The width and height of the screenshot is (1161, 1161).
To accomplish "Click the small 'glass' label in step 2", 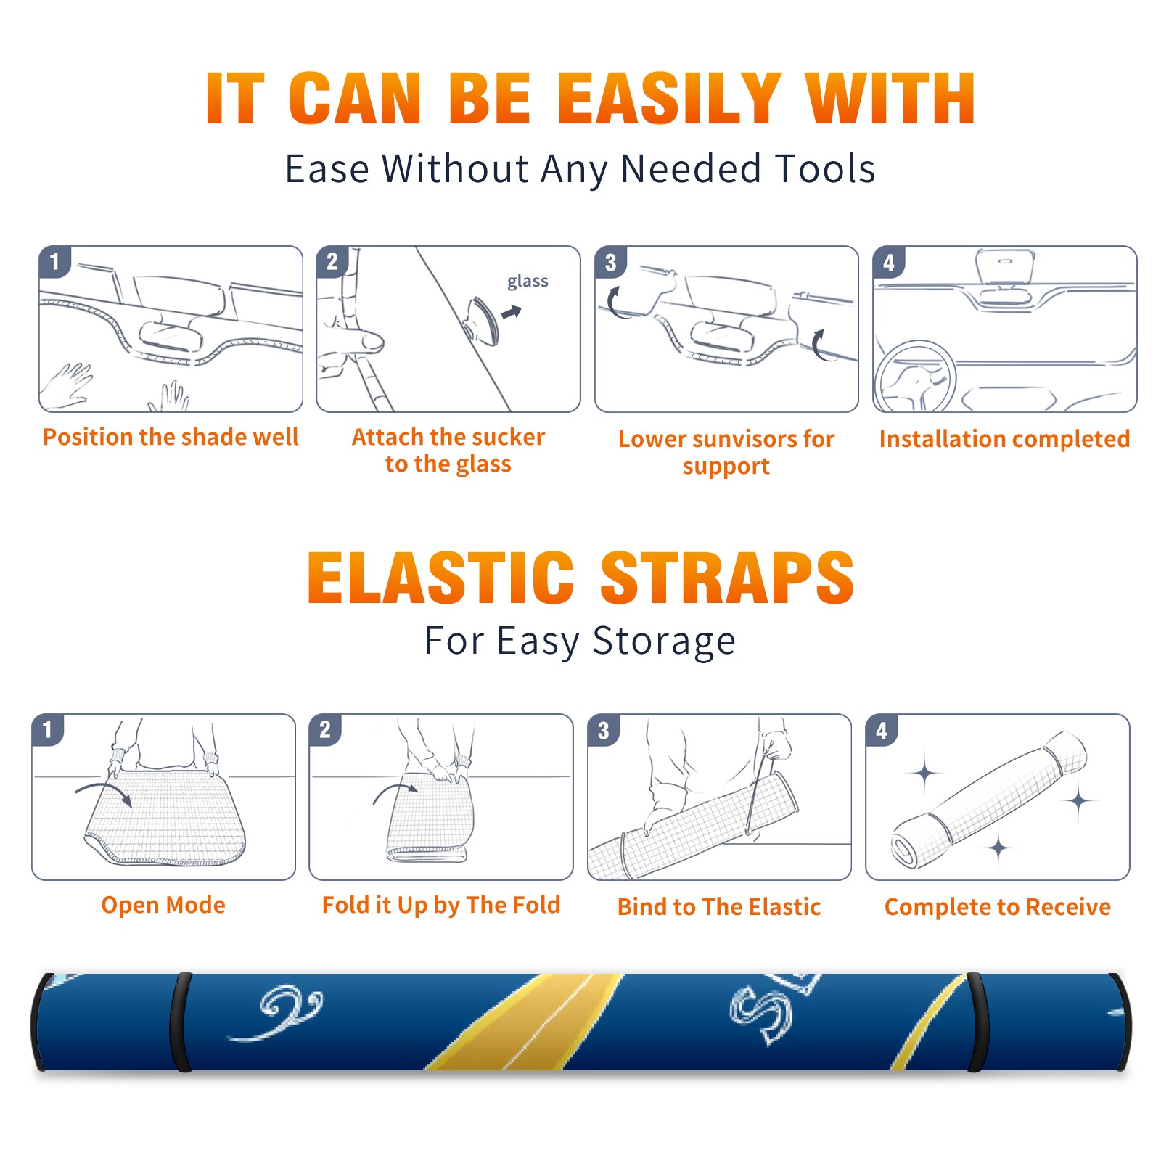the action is click(528, 282).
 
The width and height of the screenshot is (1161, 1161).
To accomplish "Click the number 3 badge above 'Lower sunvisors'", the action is click(610, 262).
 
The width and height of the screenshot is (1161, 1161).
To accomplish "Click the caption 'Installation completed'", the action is click(1004, 438).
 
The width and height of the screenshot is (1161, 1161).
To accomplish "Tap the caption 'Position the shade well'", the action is click(171, 437).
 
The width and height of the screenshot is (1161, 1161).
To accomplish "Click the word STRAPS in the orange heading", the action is click(727, 578).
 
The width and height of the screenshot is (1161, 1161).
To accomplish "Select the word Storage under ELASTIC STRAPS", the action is click(664, 641).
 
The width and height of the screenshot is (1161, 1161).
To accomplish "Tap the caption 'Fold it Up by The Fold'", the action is click(441, 905).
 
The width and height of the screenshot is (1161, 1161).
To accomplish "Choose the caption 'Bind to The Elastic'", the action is click(719, 906).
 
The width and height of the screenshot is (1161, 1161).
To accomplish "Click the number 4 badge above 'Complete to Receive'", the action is click(882, 730).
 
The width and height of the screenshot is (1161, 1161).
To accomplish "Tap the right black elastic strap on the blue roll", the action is click(977, 1022).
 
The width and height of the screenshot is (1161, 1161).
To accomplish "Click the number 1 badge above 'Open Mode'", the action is click(48, 730).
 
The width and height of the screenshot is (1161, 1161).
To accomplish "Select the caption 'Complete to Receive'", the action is click(998, 906).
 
